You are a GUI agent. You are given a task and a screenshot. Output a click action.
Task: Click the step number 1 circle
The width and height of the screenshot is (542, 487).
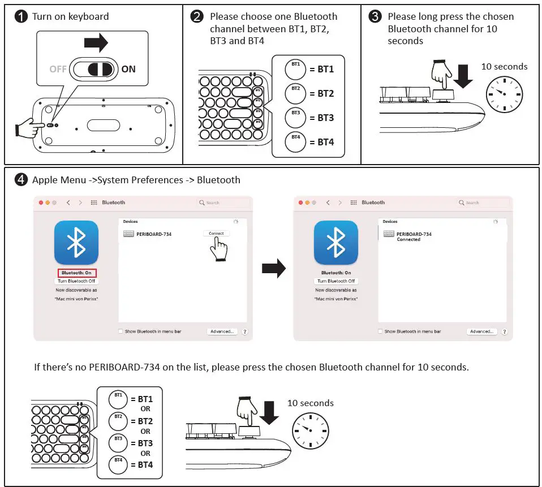coord(21,17)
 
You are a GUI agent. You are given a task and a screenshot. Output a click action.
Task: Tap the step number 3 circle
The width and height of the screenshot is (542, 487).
coord(375,17)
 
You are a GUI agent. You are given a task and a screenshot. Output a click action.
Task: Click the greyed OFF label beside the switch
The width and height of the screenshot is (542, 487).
coord(58,69)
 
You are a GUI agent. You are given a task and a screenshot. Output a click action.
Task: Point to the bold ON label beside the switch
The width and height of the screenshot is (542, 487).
coord(128,69)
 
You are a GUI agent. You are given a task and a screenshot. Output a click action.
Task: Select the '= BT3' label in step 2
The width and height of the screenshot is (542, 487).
coord(321,118)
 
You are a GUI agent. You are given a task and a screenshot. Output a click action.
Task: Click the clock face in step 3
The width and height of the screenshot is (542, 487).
coord(504,93)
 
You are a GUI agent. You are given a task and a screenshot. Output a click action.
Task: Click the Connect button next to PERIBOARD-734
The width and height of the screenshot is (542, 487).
coord(216,233)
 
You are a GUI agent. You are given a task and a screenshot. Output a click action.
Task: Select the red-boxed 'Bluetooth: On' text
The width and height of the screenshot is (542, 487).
coord(76,273)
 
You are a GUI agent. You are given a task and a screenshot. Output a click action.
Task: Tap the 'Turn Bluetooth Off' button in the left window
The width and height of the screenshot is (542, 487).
coord(76,281)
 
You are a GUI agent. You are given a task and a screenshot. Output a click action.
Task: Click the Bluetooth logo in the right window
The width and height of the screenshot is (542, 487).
coord(336,243)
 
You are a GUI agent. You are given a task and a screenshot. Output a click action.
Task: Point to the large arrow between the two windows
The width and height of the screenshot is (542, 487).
coord(273,269)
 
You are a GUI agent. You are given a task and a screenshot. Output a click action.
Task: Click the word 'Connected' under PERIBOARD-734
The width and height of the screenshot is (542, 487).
coord(408,240)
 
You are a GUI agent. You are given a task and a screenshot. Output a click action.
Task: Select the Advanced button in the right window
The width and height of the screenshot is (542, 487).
coord(481,331)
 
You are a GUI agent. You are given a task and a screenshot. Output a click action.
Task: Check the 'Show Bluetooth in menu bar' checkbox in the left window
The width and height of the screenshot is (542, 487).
coord(121,331)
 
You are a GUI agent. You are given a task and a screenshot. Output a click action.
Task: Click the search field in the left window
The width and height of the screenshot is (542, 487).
coord(223,202)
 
